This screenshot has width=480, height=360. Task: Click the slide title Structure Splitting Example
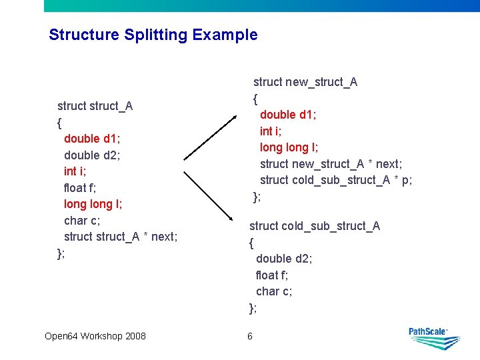153,35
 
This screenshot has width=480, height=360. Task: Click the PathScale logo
434,339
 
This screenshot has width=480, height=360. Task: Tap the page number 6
250,336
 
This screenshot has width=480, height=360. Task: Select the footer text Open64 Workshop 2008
95,336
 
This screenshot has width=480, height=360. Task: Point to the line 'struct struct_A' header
95,106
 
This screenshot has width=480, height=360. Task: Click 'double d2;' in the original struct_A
92,155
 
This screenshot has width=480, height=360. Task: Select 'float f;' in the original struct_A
80,187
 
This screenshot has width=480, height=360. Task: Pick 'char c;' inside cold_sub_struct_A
274,291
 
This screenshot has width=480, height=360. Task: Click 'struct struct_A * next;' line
121,237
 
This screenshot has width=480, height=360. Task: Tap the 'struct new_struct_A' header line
305,82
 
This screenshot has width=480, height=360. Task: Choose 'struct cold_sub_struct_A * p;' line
336,180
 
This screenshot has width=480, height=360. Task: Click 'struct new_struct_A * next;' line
331,164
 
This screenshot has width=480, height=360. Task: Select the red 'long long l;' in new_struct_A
289,147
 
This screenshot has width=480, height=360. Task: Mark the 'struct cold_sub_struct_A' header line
315,226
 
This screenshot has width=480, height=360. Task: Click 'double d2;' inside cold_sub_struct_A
284,259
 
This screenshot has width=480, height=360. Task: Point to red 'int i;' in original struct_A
75,171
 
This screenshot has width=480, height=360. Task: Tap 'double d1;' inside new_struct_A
288,115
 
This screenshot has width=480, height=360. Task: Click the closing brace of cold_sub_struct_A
253,307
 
